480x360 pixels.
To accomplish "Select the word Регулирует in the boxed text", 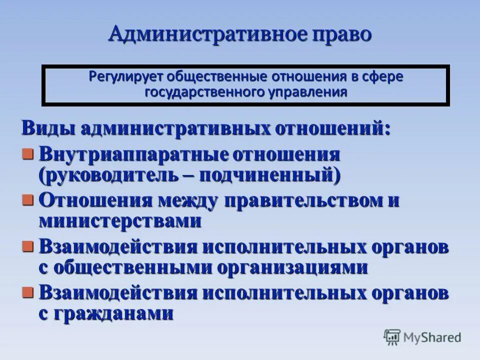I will pyautogui.click(x=125, y=77).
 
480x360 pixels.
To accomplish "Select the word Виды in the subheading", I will pyautogui.click(x=46, y=128).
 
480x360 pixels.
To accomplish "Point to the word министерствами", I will pyautogui.click(x=120, y=220).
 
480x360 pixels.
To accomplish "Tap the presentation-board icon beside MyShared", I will pyautogui.click(x=392, y=337).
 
